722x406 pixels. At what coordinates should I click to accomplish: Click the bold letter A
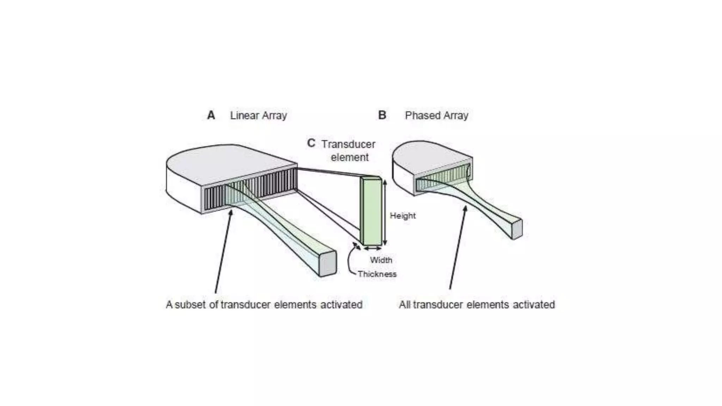pos(211,115)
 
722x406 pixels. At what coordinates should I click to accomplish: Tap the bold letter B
pos(382,115)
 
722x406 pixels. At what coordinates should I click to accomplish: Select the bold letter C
pos(311,143)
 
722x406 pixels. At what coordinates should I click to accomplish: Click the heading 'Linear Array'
pos(258,116)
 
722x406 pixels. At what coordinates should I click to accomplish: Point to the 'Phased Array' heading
pos(436,116)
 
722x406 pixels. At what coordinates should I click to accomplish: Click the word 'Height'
pos(403,216)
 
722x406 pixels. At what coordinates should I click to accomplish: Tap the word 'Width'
pos(381,260)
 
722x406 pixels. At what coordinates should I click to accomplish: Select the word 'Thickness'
pos(377,274)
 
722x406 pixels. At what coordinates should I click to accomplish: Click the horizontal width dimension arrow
pos(373,249)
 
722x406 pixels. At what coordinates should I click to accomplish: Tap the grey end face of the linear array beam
pos(328,264)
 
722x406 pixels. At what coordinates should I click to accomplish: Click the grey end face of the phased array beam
pos(517,230)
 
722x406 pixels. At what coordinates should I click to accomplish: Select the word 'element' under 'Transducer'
pos(349,157)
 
